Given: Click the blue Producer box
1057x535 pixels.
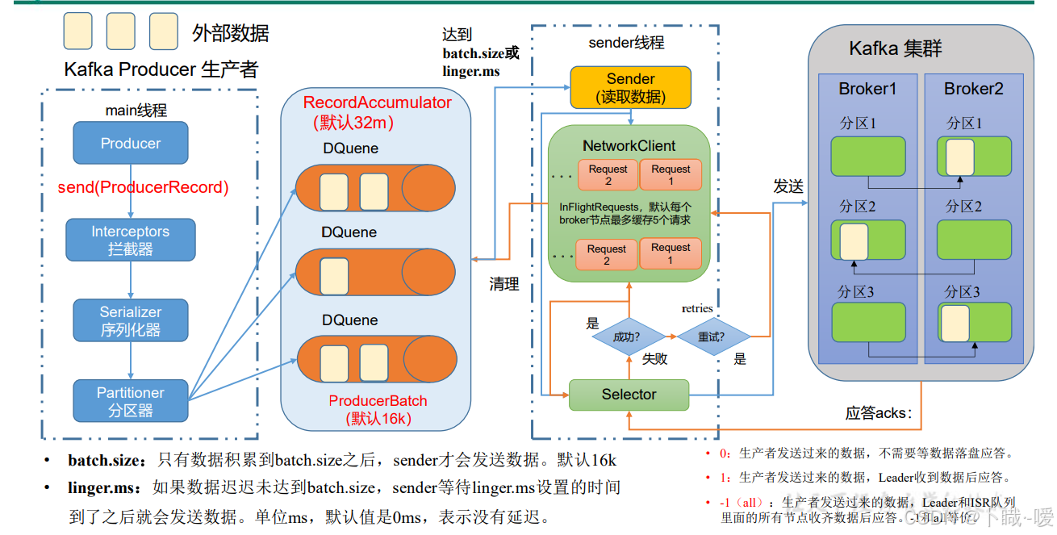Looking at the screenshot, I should pos(131,143).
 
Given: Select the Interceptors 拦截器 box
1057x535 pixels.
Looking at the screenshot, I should pos(131,240).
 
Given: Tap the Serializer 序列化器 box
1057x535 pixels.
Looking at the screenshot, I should pos(131,320).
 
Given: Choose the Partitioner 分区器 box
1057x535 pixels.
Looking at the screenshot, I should pos(131,401).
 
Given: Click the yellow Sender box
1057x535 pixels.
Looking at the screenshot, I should pos(630,87).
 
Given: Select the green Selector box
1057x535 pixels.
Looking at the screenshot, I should pos(629,395).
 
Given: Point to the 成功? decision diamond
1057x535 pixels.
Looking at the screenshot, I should pos(628,336).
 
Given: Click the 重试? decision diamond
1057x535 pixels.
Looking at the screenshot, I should pos(712,336).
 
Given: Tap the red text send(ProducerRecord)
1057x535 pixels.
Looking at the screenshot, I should pos(143,188).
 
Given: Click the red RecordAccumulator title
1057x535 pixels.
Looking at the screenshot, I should pos(377,103).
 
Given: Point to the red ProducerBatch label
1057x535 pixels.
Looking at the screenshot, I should pos(378,401).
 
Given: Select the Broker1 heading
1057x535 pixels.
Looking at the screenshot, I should pos(867,89).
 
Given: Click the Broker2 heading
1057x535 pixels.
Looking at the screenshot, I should pos(974,89).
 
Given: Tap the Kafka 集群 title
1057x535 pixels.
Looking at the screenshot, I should pos(896,48).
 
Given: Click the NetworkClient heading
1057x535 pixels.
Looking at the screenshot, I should pos(629,146).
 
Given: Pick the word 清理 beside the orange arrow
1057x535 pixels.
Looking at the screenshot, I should pos(504,284).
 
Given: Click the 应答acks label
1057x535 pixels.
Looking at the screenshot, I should pos(879,413).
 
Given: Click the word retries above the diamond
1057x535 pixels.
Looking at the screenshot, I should pos(697,308).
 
